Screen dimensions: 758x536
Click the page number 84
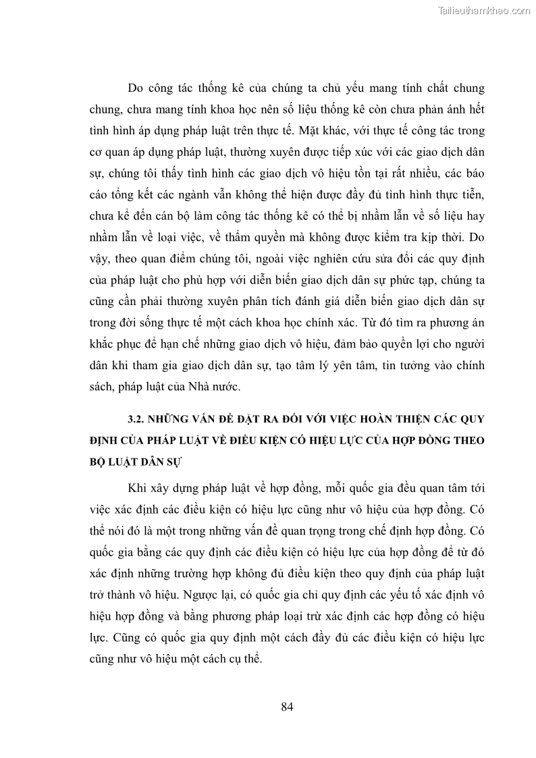pos(286,707)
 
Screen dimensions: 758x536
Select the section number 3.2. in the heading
pos(138,419)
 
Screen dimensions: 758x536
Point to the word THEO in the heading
pos(470,441)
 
